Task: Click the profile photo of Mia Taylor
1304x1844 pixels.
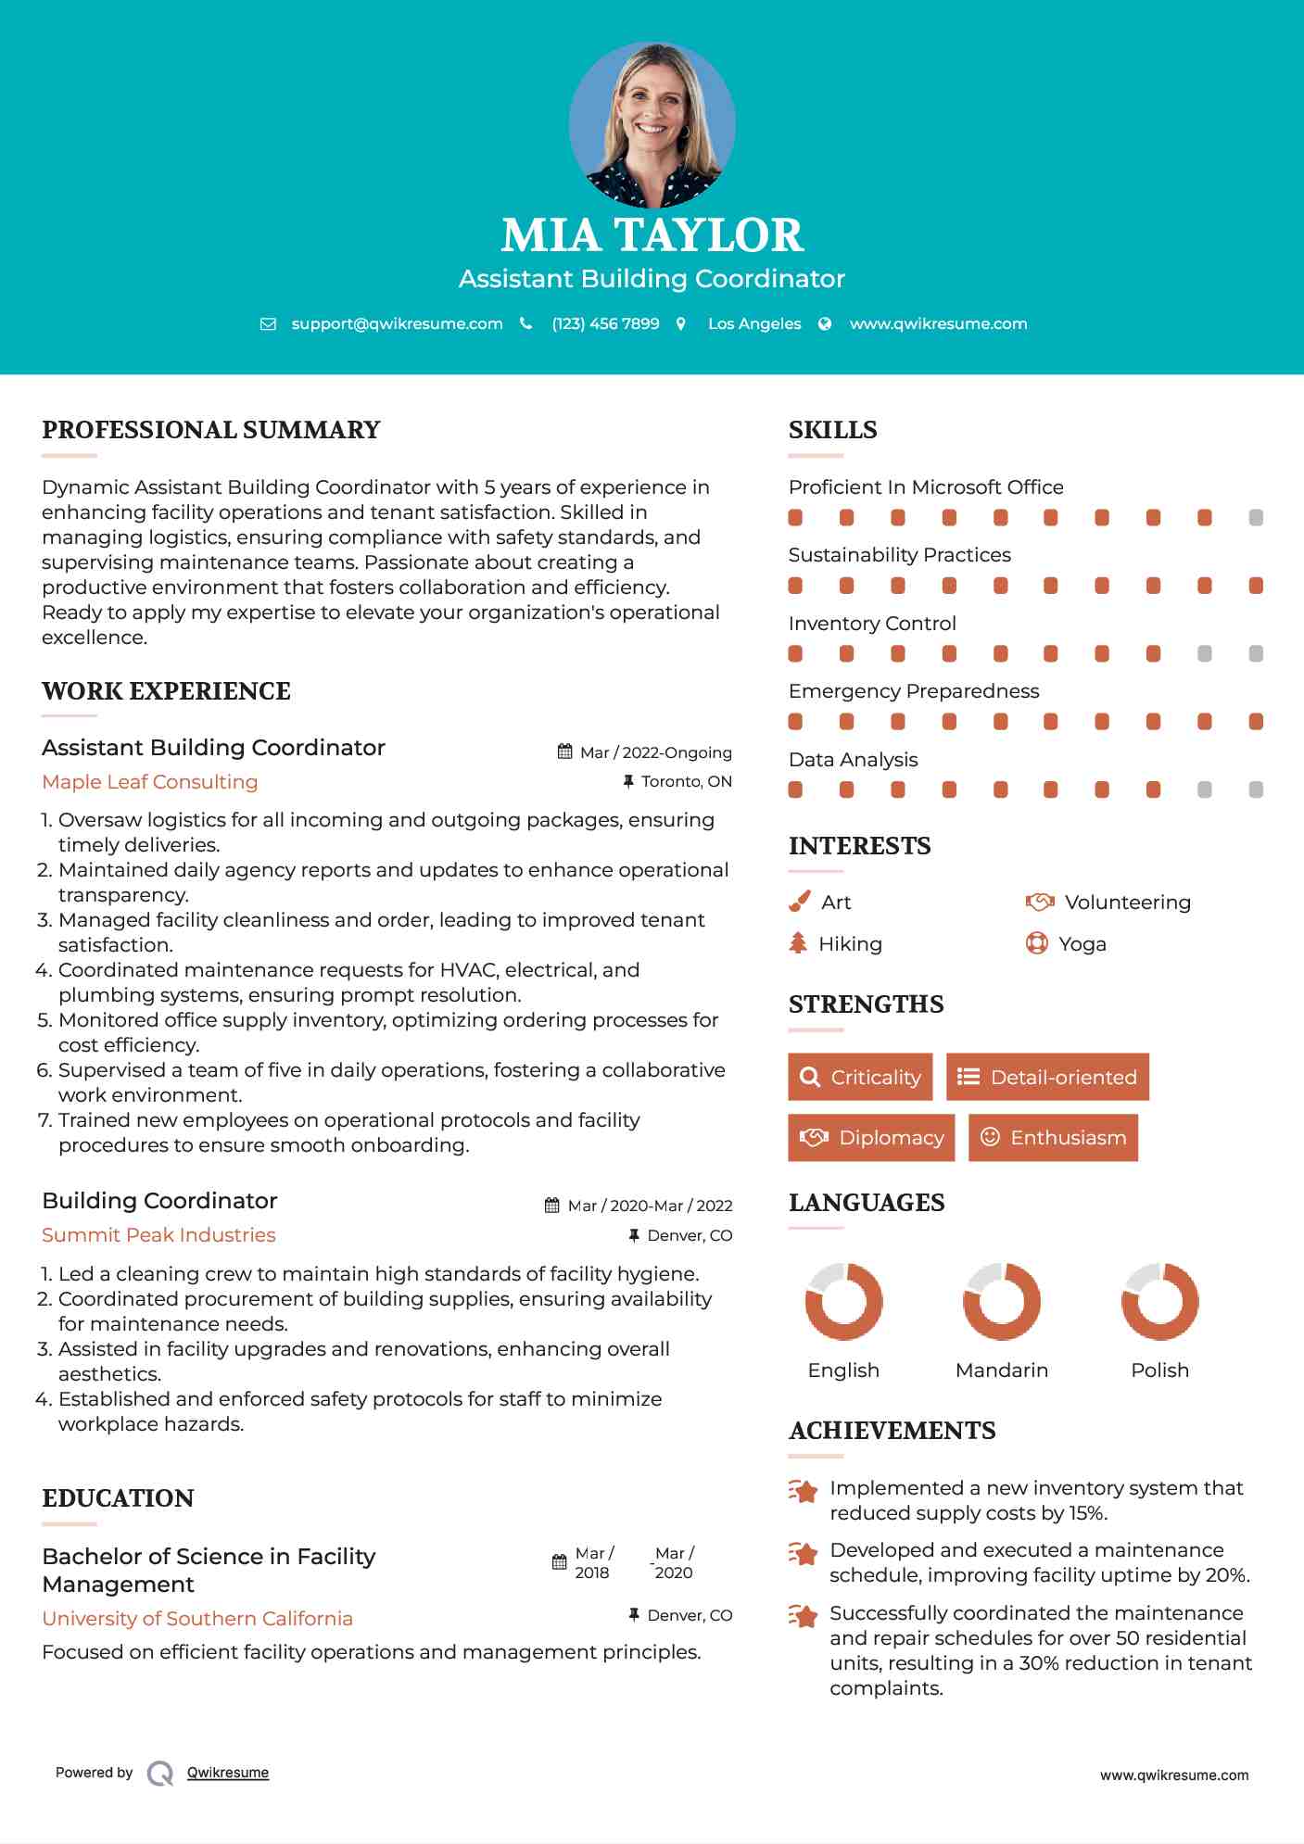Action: click(x=652, y=124)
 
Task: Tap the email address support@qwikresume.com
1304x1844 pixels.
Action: click(x=397, y=323)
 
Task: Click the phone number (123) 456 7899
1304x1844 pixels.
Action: click(x=605, y=323)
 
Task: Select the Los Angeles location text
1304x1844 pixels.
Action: click(x=754, y=323)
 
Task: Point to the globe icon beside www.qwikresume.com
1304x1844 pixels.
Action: click(x=825, y=323)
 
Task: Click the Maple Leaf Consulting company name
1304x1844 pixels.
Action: click(x=150, y=781)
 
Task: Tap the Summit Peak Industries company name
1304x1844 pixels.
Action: click(x=158, y=1234)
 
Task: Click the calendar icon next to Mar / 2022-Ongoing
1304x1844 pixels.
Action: click(x=564, y=751)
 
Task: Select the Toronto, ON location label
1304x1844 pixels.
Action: click(x=687, y=781)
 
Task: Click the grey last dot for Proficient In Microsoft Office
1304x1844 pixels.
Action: click(x=1256, y=517)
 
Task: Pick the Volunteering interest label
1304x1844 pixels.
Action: click(x=1127, y=902)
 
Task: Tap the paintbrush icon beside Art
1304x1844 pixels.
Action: click(x=799, y=902)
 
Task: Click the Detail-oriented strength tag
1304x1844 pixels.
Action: click(x=1047, y=1077)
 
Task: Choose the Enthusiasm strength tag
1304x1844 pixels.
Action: click(x=1053, y=1137)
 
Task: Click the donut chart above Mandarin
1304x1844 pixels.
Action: click(x=1002, y=1301)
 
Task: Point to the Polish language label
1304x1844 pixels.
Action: click(x=1159, y=1370)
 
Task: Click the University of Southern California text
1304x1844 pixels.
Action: click(x=197, y=1618)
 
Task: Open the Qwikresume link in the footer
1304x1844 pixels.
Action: click(x=228, y=1772)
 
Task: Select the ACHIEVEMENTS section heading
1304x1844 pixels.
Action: click(x=892, y=1430)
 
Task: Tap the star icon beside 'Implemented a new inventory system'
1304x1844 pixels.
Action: click(x=804, y=1491)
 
